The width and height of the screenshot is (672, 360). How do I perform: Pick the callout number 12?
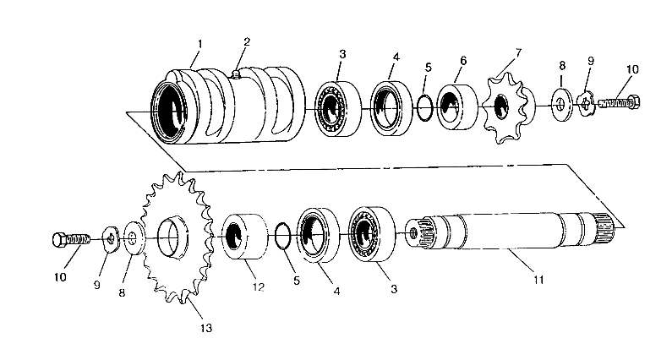click(259, 287)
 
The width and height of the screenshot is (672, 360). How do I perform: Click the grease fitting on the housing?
click(238, 75)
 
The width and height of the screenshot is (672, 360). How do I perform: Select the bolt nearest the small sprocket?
click(622, 102)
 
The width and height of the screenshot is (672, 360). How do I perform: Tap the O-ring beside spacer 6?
click(427, 104)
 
